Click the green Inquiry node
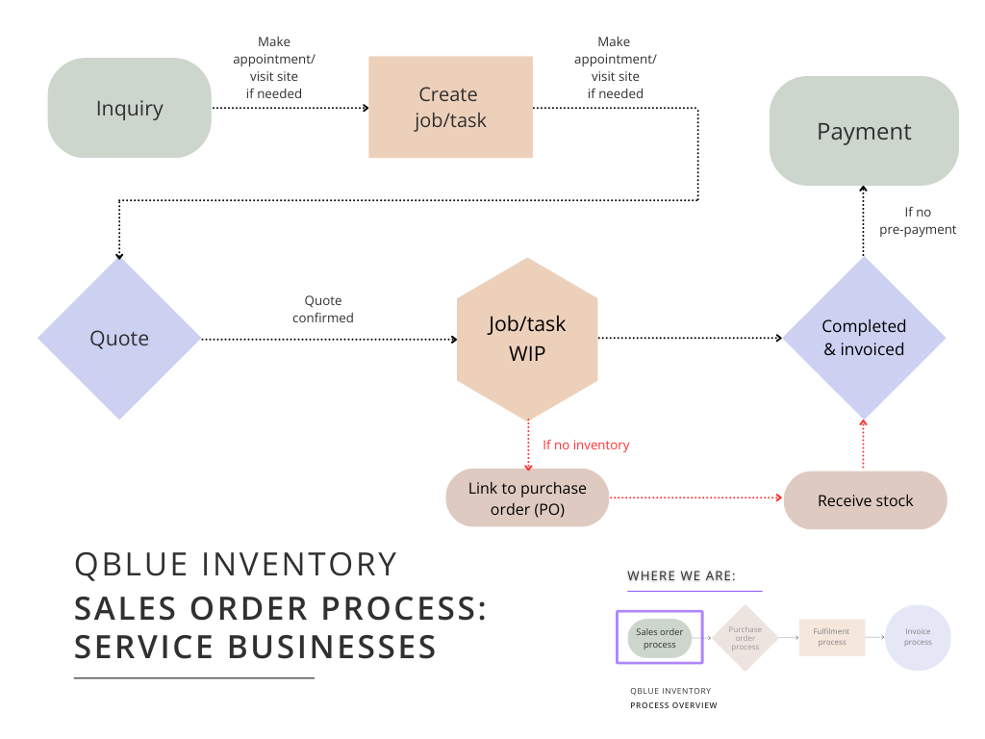pos(130,108)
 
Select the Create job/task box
pos(451,107)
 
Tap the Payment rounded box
pos(864,131)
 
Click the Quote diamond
pos(119,338)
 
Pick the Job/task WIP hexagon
pos(526,339)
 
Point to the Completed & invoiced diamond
pos(864,338)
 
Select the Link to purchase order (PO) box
pos(527,498)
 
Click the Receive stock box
pos(866,500)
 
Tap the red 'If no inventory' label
pos(586,446)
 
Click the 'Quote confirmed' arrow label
pos(323,309)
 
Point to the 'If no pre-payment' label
pos(918,221)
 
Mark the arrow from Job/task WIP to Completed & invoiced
pos(690,338)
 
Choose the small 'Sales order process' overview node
pos(660,638)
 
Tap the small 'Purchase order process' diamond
pos(745,638)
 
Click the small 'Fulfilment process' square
pos(832,637)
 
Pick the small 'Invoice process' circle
pos(918,637)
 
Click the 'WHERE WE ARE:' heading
pos(681,576)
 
